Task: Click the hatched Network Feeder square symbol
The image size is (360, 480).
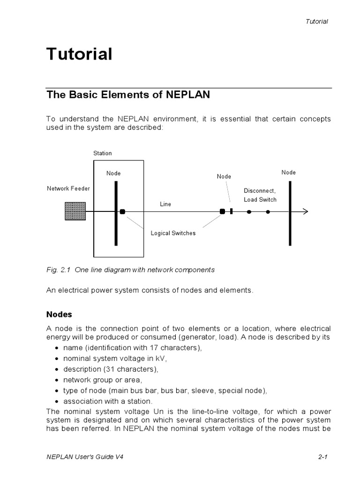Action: click(x=75, y=211)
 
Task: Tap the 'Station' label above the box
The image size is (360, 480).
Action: click(x=102, y=153)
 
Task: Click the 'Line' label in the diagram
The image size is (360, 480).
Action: click(x=165, y=204)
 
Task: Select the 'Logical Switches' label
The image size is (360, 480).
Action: click(x=173, y=233)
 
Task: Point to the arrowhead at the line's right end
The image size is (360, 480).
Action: click(x=305, y=211)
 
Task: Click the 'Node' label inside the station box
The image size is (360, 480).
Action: click(x=113, y=173)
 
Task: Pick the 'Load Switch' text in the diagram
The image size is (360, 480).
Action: click(x=260, y=200)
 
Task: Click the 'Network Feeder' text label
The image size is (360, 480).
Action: click(x=68, y=188)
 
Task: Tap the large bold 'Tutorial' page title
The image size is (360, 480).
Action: click(x=79, y=54)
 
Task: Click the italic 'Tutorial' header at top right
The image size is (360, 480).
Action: click(x=316, y=22)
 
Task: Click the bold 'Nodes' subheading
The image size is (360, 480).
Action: click(x=59, y=314)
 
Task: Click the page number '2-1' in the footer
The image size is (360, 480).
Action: click(x=322, y=457)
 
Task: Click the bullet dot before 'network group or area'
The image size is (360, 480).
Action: click(x=57, y=380)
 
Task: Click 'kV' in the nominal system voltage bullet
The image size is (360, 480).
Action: click(x=161, y=358)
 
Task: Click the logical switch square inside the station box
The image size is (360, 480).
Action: click(x=122, y=211)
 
